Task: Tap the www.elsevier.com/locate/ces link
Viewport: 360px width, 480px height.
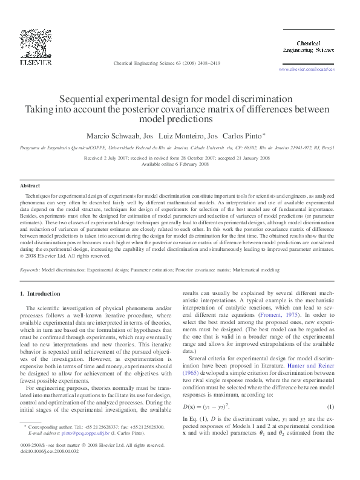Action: tap(306, 70)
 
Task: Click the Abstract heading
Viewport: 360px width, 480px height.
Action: tap(30, 186)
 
